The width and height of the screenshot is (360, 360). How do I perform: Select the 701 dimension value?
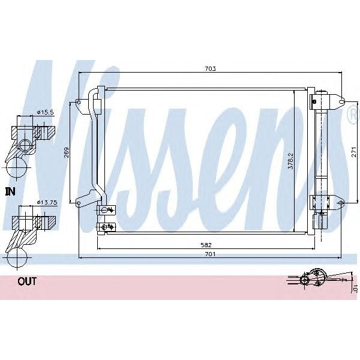[x=209, y=254]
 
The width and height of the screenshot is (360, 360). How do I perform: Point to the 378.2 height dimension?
[x=290, y=160]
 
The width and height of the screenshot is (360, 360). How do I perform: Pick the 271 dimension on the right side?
[x=354, y=153]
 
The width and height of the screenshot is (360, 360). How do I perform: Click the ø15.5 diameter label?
[x=45, y=112]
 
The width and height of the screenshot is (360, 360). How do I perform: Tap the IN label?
[x=10, y=192]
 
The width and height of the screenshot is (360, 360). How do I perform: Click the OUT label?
[x=26, y=281]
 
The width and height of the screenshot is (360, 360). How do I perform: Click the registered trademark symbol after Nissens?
[x=353, y=117]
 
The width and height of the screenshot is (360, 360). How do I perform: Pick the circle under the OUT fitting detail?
[x=16, y=260]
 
